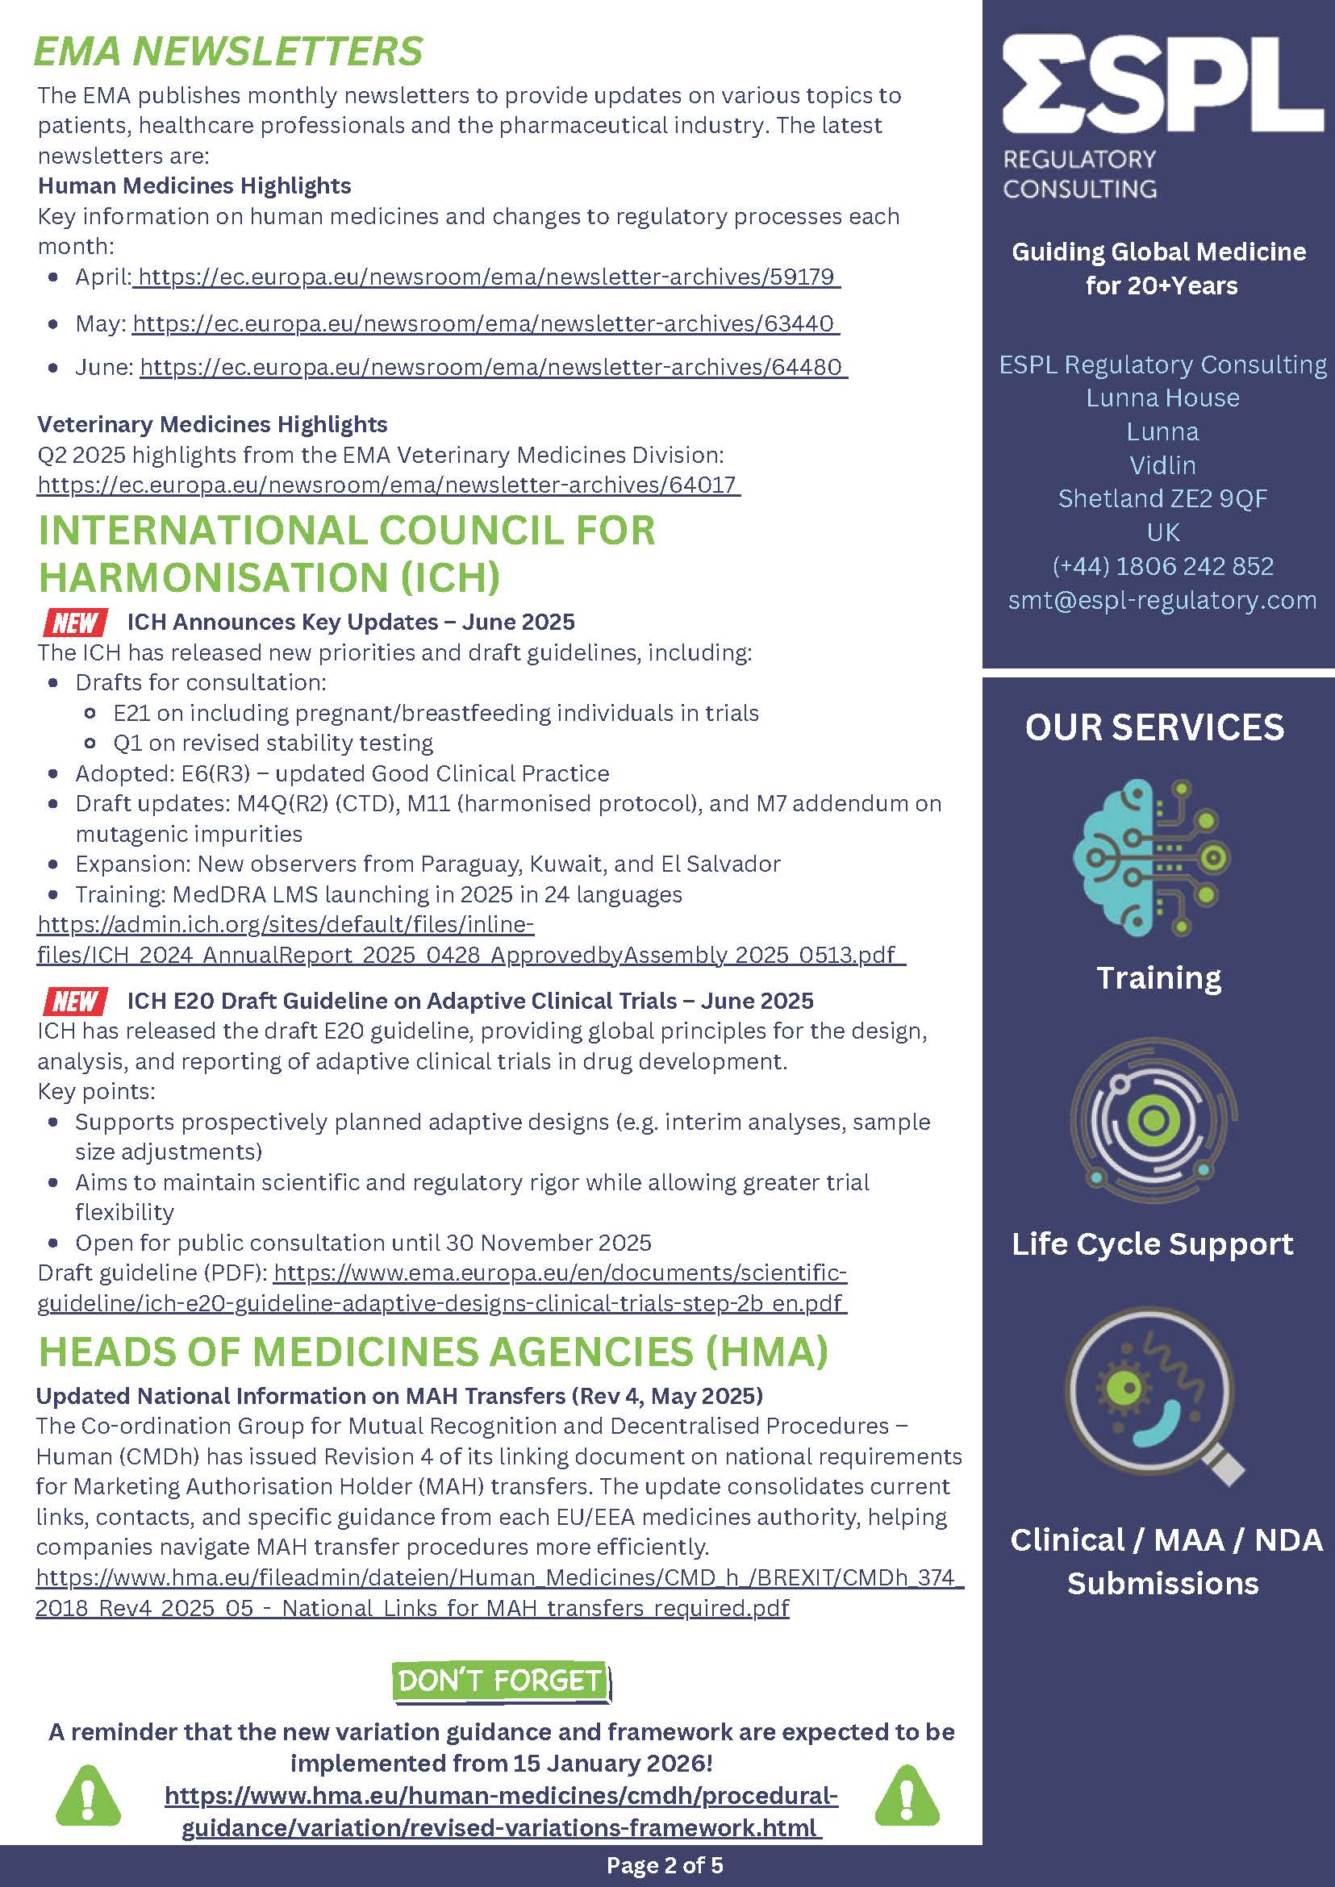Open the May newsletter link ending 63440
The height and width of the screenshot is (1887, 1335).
click(x=485, y=324)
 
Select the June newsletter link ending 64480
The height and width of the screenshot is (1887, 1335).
click(x=493, y=367)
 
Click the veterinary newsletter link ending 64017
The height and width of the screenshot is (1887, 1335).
click(x=388, y=485)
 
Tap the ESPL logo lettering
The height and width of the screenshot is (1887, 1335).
click(x=1162, y=85)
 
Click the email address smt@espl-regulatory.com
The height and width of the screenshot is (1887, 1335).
click(x=1162, y=600)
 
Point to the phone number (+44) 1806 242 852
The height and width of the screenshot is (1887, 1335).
click(x=1162, y=566)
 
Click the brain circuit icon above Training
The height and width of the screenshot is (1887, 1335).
click(x=1153, y=857)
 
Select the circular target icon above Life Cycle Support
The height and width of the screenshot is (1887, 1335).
click(x=1154, y=1120)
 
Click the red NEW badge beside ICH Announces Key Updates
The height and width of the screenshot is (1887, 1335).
click(x=75, y=623)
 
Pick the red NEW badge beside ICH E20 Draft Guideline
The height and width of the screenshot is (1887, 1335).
click(x=75, y=1001)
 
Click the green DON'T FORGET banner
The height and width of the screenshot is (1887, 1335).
click(x=501, y=1681)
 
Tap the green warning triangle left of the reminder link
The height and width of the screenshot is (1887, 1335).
click(x=87, y=1796)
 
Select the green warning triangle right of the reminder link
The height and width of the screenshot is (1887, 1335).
click(x=907, y=1796)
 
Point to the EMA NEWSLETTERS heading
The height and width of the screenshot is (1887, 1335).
click(x=228, y=52)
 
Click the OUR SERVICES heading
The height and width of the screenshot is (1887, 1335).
click(x=1154, y=727)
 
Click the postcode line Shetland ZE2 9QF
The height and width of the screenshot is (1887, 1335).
click(x=1162, y=499)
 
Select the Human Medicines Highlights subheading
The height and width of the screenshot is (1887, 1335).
click(x=195, y=185)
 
